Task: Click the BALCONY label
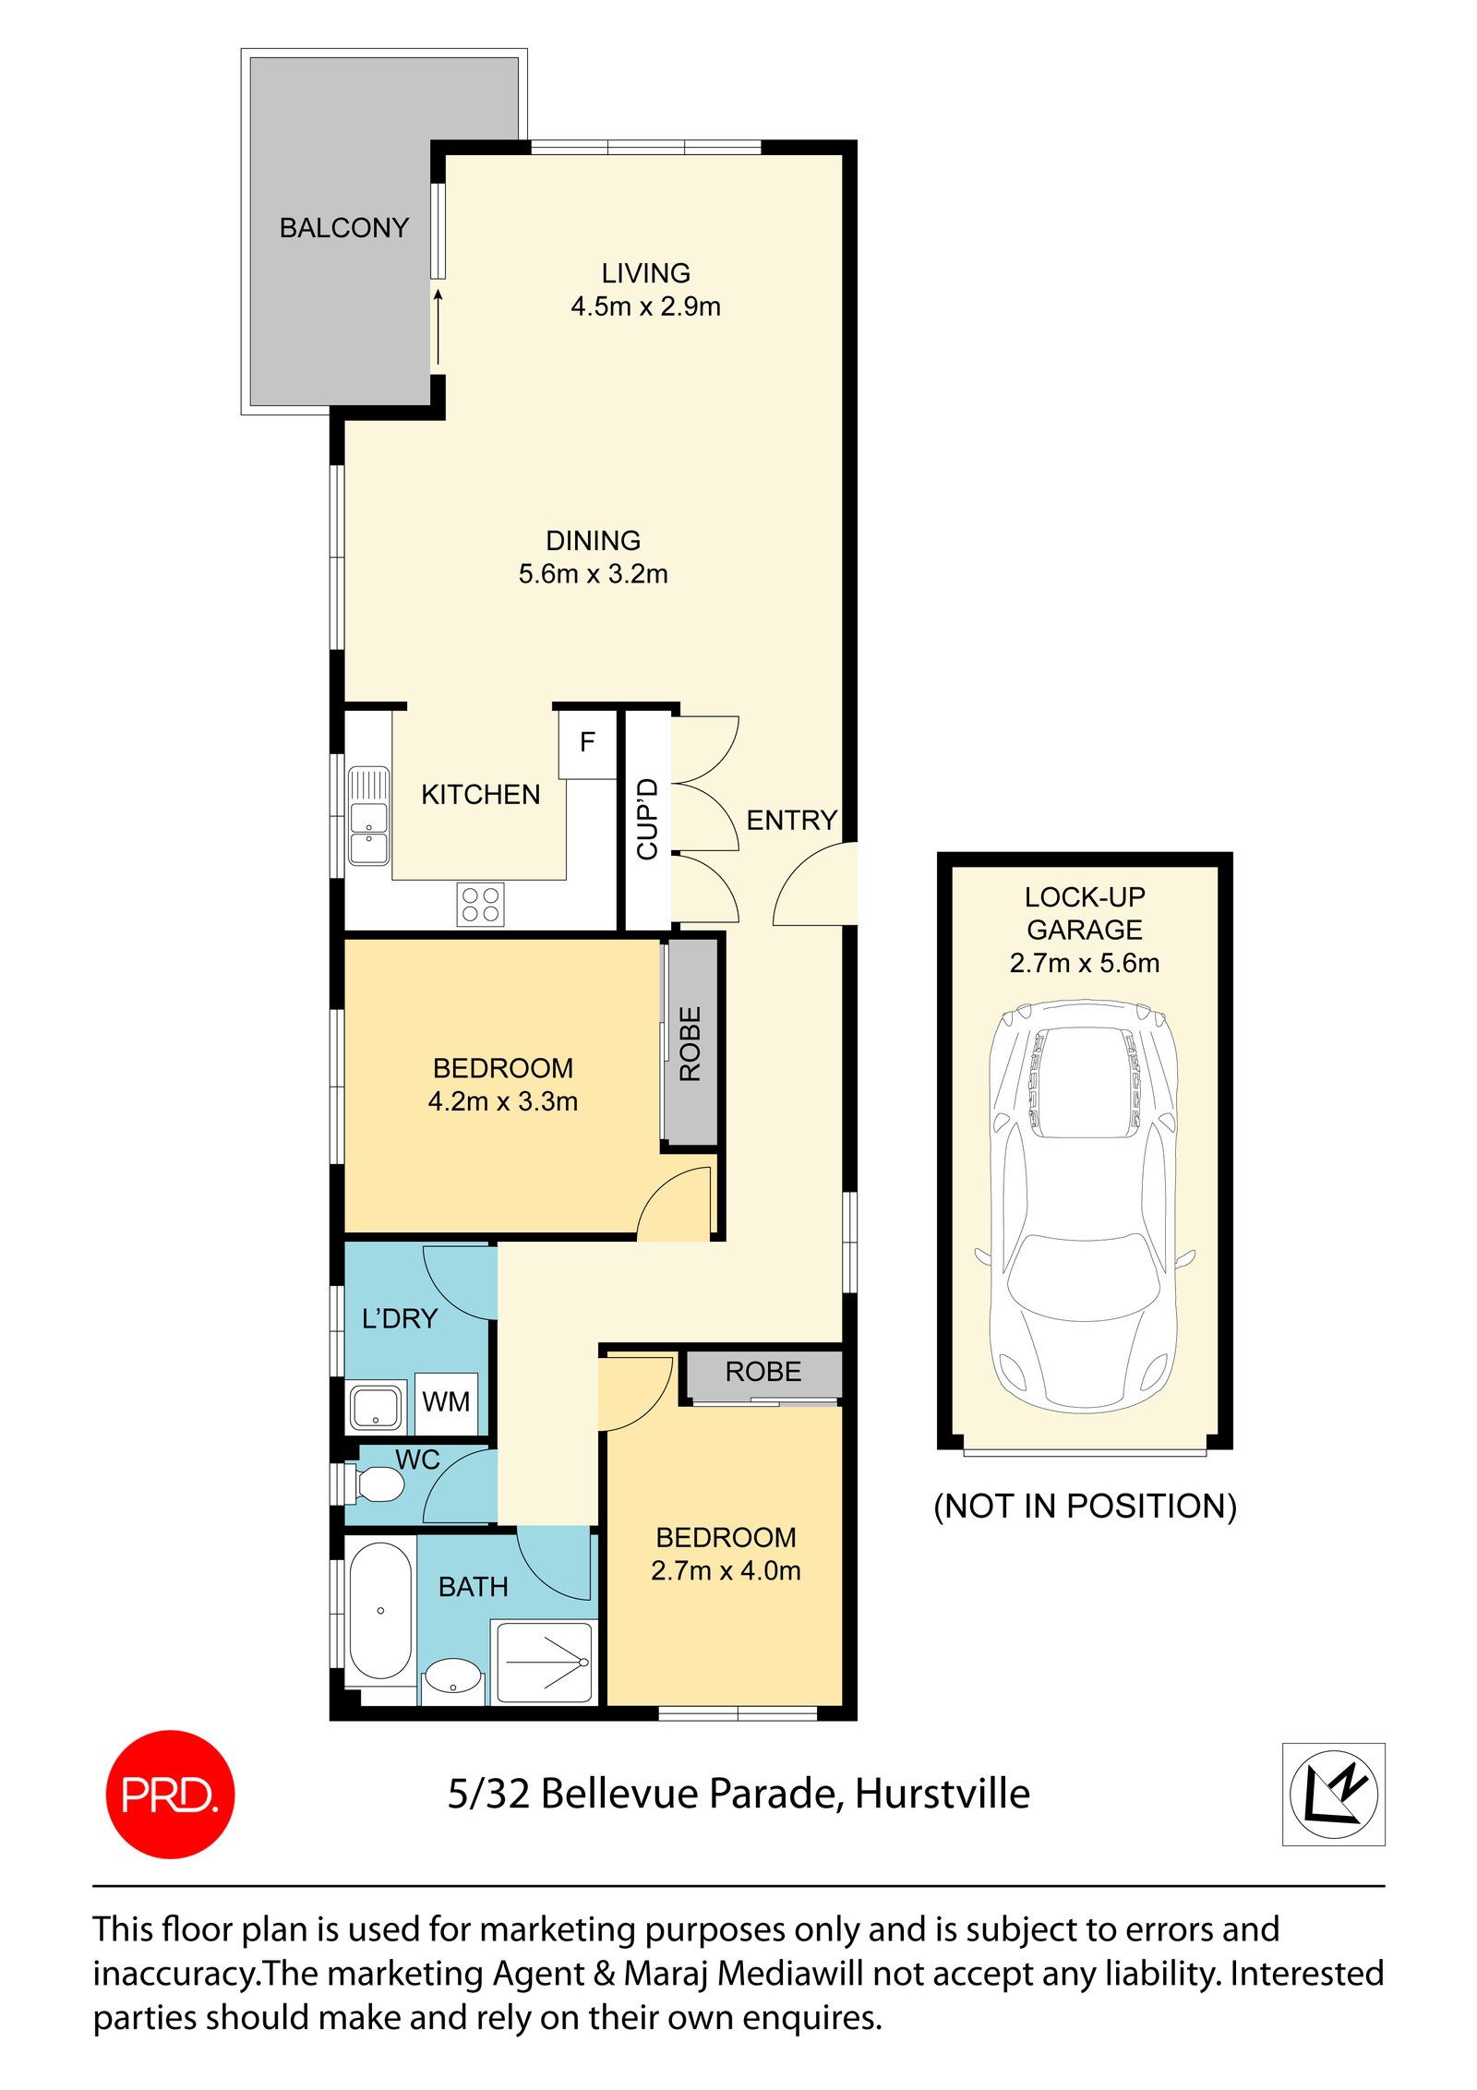tap(343, 227)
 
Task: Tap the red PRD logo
tap(170, 1794)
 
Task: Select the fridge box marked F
tap(587, 742)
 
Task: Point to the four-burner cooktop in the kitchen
tap(480, 904)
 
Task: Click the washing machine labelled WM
tap(446, 1401)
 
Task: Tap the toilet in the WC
tap(378, 1484)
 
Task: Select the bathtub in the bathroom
tap(379, 1610)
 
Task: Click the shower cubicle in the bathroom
tap(544, 1663)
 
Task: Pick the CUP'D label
tap(648, 819)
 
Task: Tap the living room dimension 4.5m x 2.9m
tap(645, 306)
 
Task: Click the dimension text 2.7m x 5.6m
tap(1084, 963)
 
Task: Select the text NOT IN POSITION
tap(1084, 1506)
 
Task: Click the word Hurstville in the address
tap(942, 1794)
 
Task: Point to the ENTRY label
tap(791, 820)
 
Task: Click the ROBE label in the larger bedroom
tap(690, 1043)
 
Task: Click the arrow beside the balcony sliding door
tap(438, 328)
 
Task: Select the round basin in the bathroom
tap(452, 1675)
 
